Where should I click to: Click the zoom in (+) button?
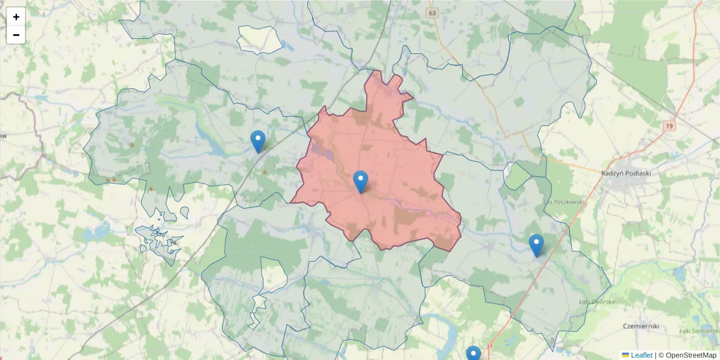pos(16,17)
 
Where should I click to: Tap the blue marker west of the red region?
pos(258,141)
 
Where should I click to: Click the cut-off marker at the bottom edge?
pos(473,354)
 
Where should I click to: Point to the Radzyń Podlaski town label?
pos(626,173)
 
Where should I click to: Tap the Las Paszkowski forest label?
pos(565,202)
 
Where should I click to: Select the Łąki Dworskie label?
pos(598,302)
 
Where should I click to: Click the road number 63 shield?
pos(433,13)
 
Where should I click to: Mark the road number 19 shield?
pos(670,126)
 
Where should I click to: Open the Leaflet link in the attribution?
pos(641,355)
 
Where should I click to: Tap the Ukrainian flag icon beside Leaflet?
pos(625,355)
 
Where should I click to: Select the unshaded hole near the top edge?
pos(259,40)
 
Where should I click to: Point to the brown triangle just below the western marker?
pos(265,172)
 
